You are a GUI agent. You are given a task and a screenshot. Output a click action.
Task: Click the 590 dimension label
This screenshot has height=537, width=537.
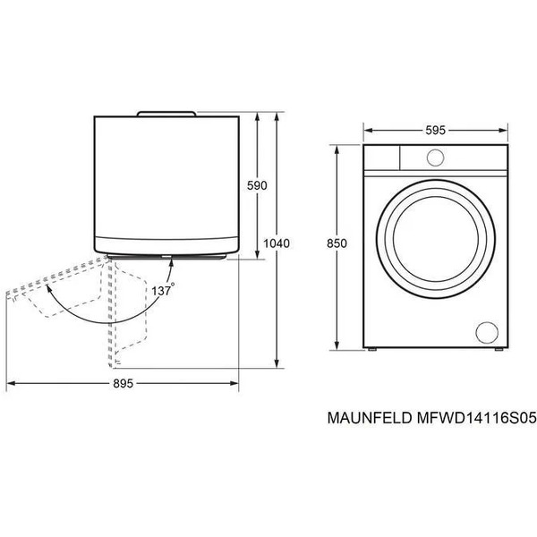(x=258, y=185)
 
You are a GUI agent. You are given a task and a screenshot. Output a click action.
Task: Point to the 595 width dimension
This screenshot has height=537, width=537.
(x=435, y=130)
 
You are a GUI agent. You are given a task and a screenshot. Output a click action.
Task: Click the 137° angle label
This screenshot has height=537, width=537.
(x=162, y=290)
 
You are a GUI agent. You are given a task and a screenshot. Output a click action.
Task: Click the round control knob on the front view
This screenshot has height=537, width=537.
(x=435, y=158)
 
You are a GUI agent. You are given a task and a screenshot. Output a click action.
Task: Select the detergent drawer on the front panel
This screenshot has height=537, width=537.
(x=379, y=158)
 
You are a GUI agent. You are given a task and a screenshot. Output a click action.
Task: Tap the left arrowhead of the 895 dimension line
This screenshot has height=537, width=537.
(x=11, y=383)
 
